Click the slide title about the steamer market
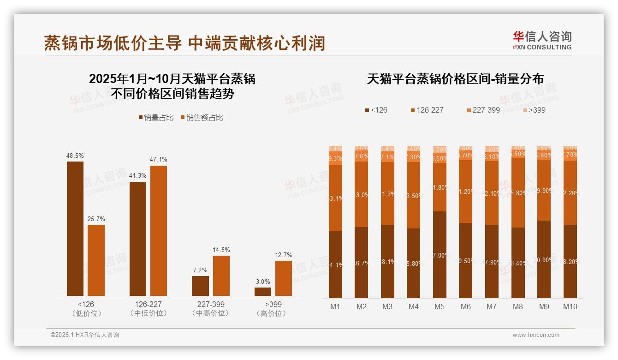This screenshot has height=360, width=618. pos(184,43)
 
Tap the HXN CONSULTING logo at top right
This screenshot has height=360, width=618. pos(542,41)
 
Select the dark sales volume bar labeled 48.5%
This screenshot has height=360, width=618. pos(75,228)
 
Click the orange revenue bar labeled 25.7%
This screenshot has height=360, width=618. pos(96,260)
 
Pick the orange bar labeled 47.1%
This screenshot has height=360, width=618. pos(159,230)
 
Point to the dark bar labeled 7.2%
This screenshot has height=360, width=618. pos(200,286)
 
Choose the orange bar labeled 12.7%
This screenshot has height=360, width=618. pos(284,278)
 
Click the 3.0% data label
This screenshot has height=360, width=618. pos(263,282)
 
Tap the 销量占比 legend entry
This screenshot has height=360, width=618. pos(156,118)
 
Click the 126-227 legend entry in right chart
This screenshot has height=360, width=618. pos(427,110)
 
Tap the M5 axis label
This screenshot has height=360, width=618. pos(440,306)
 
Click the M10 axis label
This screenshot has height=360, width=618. pos(570,306)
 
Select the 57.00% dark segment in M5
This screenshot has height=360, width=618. pos(440,255)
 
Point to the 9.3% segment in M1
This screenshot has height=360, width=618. pos(335,158)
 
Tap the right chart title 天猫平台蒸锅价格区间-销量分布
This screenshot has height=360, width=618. pos(455,79)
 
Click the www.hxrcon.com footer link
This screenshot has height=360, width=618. pos(536,335)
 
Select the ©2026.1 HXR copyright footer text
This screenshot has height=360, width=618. pos(85,335)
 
